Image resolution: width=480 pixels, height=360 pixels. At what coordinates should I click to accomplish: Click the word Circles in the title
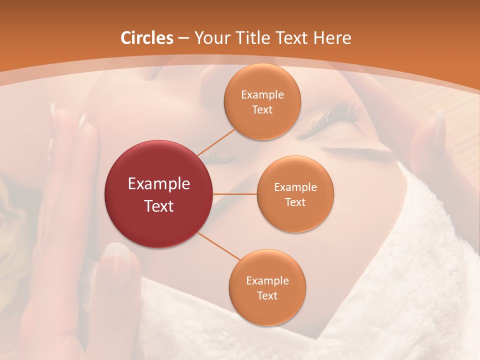coord(147,38)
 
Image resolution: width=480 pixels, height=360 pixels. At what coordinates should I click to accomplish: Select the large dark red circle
coord(158,194)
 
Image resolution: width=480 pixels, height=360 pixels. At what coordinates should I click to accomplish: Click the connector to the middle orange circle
coord(235,193)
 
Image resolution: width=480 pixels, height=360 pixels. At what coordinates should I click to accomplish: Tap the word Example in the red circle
coord(159,184)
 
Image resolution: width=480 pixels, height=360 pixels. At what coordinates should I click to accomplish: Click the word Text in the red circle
coord(159,206)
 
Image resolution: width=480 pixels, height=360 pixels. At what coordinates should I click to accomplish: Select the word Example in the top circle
coord(262,95)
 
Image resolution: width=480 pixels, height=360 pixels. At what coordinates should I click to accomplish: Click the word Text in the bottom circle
coord(267,296)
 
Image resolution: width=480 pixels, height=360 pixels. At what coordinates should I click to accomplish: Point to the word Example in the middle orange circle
coord(295,187)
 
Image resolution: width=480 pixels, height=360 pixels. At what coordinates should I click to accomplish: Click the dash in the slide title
coord(183,38)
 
